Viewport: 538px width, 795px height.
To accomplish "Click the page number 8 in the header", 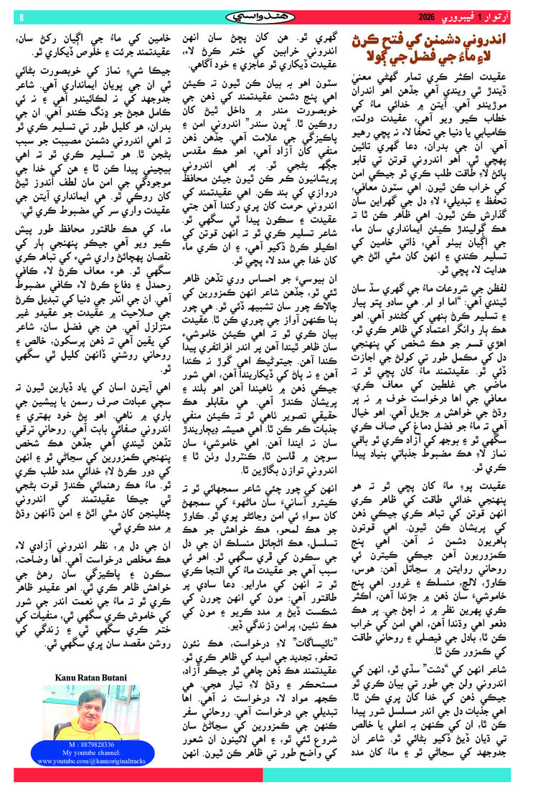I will tap(21, 16).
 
